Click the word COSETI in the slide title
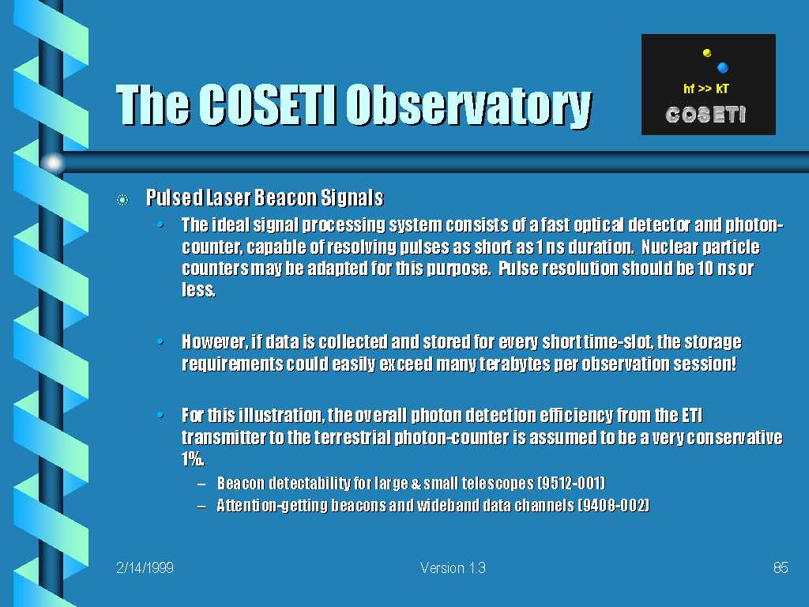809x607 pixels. click(267, 104)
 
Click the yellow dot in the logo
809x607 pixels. click(707, 53)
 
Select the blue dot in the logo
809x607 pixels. click(722, 68)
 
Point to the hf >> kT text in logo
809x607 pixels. click(706, 89)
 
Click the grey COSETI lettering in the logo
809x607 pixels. click(706, 115)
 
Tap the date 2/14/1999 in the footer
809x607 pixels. click(145, 567)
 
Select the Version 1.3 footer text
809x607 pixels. click(453, 567)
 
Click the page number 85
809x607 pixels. click(781, 567)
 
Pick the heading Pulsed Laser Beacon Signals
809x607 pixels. click(265, 198)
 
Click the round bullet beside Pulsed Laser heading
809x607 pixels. click(122, 200)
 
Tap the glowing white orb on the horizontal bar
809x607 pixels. click(53, 163)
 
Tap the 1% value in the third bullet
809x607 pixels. click(193, 459)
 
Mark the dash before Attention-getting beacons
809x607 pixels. click(201, 506)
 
